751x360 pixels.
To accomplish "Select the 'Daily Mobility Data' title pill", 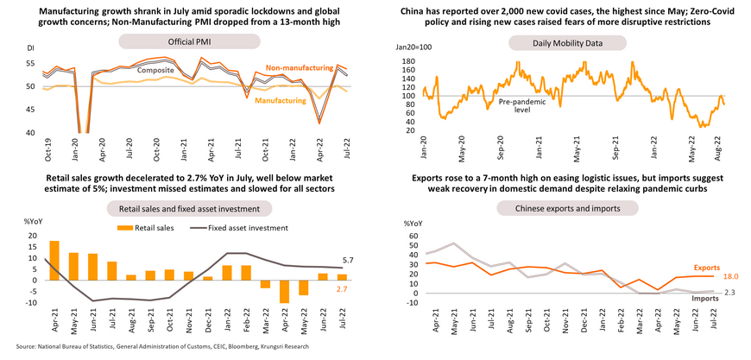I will coord(561,41).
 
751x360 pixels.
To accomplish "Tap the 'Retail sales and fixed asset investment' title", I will coord(188,208).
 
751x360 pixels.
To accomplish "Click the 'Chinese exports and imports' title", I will coord(561,208).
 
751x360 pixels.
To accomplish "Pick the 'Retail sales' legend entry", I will coord(155,227).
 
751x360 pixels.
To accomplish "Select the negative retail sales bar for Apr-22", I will coord(283,291).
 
